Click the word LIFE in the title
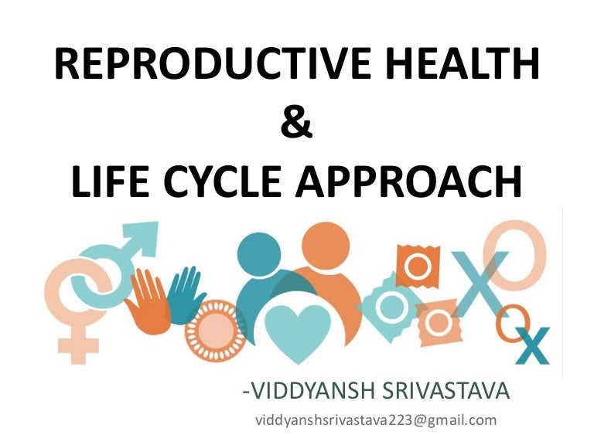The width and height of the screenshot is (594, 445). click(114, 182)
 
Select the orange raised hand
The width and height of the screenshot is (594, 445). click(148, 297)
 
